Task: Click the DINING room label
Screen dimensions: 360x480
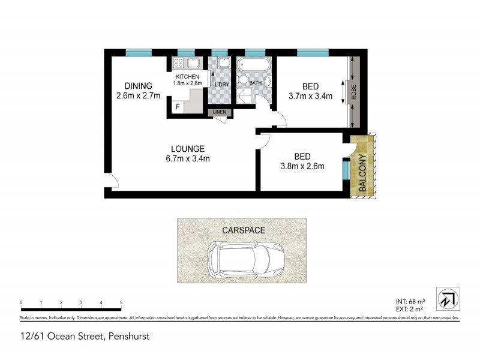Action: coord(135,86)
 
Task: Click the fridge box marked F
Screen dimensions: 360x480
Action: coord(178,107)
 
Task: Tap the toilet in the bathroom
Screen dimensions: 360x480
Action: coord(244,80)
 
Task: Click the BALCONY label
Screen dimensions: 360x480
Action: coord(362,173)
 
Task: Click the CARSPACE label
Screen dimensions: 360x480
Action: coord(242,230)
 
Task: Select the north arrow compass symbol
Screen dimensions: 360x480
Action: coord(448,298)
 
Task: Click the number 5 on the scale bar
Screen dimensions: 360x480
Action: coord(121,302)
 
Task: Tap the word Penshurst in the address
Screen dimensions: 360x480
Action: coord(128,337)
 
